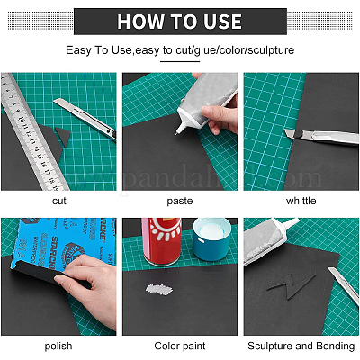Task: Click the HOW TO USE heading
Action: coord(179,22)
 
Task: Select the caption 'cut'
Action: coord(59,201)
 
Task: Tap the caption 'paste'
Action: coord(180,201)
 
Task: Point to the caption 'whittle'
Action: coord(301,201)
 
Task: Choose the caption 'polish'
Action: coord(58,346)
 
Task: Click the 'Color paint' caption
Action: coord(180,346)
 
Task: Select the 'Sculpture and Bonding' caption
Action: coord(301,346)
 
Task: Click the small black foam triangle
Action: coord(64,135)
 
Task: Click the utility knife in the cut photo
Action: coord(85,119)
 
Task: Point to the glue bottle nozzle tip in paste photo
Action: coord(176,134)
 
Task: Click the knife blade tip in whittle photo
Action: coord(285,130)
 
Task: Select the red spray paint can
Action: coord(162,241)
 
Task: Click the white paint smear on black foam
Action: coord(159,289)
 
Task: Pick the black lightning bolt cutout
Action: coord(292,286)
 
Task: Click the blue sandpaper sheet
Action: coord(60,243)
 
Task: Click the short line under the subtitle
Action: coord(180,61)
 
